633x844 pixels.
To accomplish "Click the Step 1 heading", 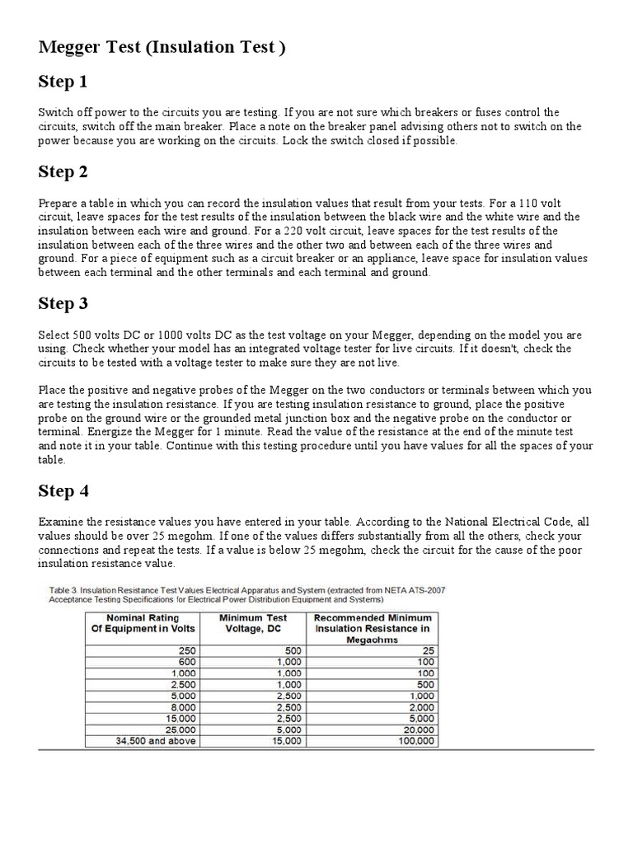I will click(x=63, y=82).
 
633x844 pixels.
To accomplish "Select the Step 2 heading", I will click(x=63, y=172).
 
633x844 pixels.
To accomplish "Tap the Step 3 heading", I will click(x=63, y=304).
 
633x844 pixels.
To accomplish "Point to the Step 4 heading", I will click(x=63, y=492).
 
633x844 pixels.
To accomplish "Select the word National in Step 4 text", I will click(x=467, y=523).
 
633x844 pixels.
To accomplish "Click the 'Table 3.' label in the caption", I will click(x=63, y=589).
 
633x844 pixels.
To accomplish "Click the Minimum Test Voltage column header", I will click(x=254, y=623).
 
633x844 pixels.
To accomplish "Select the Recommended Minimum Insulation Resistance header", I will click(x=373, y=628).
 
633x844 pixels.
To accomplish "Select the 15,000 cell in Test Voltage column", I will click(x=288, y=741).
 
